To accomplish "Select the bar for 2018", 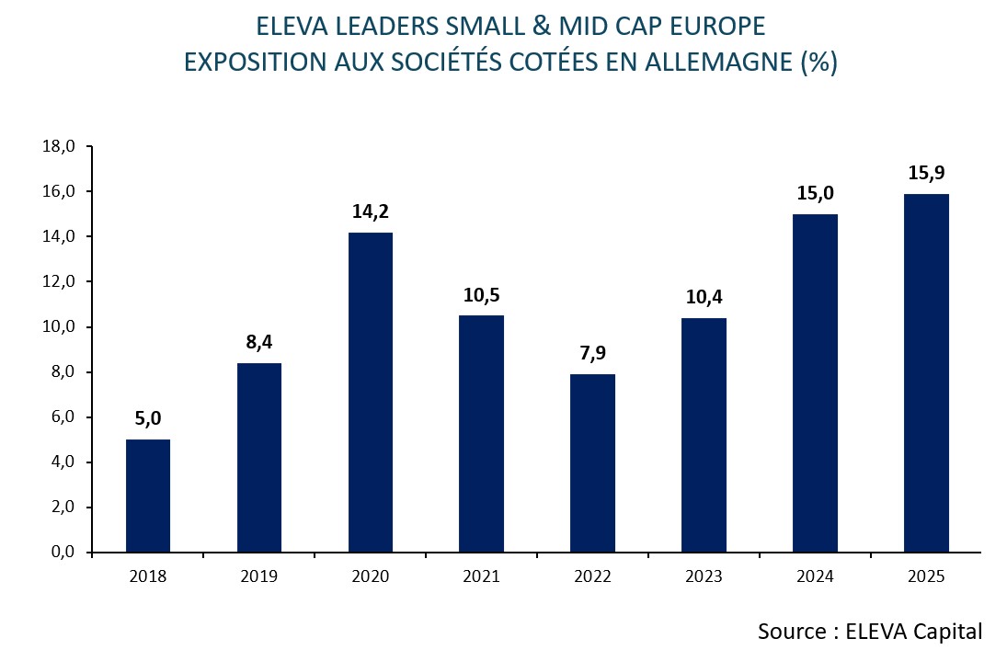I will click(x=148, y=496).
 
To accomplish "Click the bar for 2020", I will click(x=371, y=393).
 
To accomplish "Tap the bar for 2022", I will click(x=592, y=463).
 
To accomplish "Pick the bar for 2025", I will click(x=926, y=373).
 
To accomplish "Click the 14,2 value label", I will click(x=371, y=211).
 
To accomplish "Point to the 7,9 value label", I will click(x=592, y=353).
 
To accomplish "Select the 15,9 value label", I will click(x=926, y=173).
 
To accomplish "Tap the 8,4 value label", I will click(x=259, y=342).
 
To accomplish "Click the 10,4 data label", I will click(x=704, y=297).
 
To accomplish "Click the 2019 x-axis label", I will click(x=259, y=577).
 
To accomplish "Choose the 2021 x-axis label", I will click(x=482, y=577).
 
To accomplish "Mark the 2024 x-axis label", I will click(x=815, y=577).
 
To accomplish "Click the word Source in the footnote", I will click(x=791, y=632).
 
